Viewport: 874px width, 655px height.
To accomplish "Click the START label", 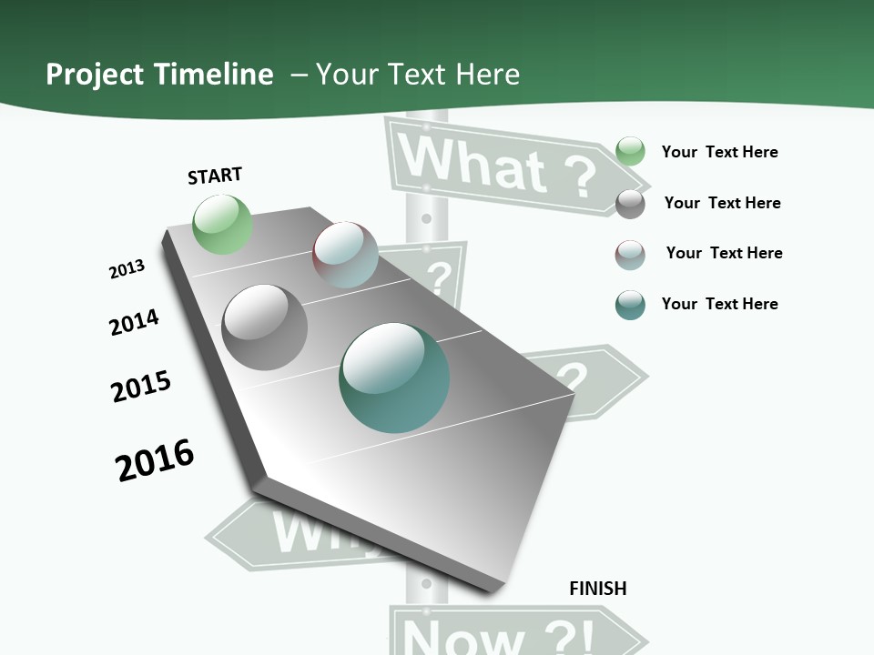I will (215, 176).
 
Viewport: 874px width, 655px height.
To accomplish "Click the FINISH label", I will (598, 589).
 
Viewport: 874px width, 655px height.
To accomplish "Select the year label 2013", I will (127, 269).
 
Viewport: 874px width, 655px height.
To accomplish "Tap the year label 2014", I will (134, 322).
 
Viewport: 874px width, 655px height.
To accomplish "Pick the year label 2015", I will (141, 387).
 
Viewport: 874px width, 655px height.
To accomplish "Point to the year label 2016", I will (155, 460).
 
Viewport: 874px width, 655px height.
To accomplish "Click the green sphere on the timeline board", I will (222, 224).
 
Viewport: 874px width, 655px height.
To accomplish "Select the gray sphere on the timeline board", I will (265, 327).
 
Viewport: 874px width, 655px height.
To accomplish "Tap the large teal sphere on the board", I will (394, 378).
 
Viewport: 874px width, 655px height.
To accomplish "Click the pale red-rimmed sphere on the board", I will (345, 254).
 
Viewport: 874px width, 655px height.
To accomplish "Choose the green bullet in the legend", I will (630, 151).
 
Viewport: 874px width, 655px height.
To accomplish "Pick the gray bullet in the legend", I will (630, 204).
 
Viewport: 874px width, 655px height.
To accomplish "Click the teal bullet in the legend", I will (630, 305).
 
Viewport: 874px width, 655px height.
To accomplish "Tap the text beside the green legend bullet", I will (719, 152).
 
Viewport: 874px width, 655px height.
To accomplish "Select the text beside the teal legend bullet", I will (719, 304).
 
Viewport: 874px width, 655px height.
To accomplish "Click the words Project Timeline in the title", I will (159, 75).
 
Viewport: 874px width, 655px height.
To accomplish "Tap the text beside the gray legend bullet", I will (722, 203).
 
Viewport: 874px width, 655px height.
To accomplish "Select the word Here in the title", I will (487, 75).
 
